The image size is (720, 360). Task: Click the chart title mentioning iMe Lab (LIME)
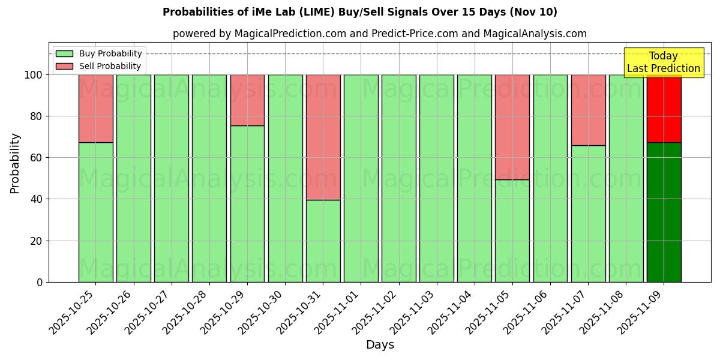click(359, 12)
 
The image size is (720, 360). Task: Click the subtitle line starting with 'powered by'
click(379, 34)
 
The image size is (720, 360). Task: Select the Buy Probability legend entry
click(98, 53)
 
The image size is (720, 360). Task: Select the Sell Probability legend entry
click(98, 66)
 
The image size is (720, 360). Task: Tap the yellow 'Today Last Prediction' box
click(663, 62)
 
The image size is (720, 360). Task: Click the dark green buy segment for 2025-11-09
click(664, 212)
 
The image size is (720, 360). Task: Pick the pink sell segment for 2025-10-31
click(323, 137)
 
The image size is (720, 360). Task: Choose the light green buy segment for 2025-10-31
click(323, 241)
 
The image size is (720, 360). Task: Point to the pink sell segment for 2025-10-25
click(96, 108)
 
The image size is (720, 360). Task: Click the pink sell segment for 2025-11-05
click(512, 127)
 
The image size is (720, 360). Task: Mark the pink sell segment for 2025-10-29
click(247, 100)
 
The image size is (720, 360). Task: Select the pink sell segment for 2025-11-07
click(588, 110)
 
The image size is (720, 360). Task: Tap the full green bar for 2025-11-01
click(361, 178)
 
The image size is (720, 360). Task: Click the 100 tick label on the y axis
click(33, 75)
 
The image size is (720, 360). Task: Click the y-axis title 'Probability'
click(15, 163)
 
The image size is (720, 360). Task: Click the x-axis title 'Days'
click(380, 345)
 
